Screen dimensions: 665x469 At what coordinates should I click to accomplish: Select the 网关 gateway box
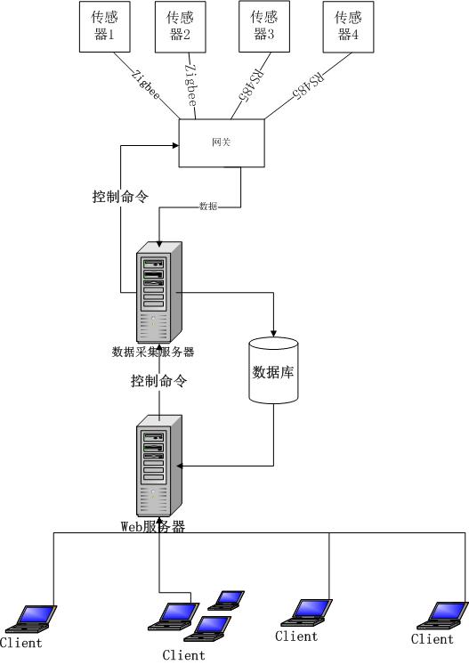pos(222,142)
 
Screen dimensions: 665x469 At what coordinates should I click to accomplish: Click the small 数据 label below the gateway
pos(208,206)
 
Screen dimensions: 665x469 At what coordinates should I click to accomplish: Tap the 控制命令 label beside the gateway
pos(120,197)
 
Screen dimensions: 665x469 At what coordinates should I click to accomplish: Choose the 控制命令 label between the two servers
pos(158,381)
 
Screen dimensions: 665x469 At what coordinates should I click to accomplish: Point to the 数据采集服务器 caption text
pos(153,353)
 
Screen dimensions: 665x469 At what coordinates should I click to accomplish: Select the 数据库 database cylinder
pos(273,370)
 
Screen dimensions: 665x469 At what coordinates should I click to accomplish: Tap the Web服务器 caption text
pos(153,526)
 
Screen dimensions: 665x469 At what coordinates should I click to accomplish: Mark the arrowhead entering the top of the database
pos(273,332)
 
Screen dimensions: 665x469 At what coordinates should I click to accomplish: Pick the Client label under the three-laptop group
pos(183,655)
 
